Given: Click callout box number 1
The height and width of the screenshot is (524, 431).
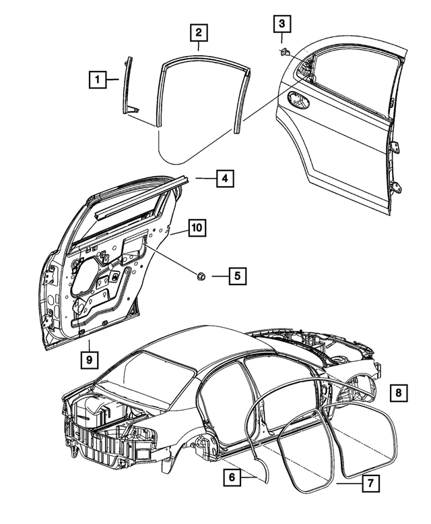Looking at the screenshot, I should click(98, 80).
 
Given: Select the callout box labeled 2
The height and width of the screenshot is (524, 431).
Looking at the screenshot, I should click(198, 32).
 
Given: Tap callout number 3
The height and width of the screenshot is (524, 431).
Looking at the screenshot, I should click(281, 24).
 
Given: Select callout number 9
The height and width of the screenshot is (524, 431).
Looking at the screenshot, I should click(89, 360).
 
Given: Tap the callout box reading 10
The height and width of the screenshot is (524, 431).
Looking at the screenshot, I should click(196, 228).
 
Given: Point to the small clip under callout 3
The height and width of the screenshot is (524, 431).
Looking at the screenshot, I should click(284, 50).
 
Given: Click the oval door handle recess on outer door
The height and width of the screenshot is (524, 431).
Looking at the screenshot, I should click(297, 100).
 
